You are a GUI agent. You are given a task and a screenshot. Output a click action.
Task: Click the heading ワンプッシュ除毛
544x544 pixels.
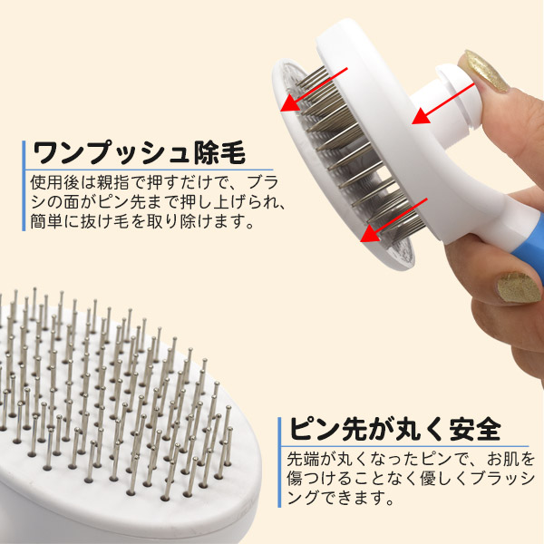tap(139, 153)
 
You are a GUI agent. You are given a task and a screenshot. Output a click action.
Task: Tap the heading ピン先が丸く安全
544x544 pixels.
tap(395, 429)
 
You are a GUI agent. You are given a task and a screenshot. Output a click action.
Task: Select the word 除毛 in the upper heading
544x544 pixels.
tap(219, 153)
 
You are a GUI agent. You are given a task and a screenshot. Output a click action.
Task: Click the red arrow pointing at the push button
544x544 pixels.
tap(443, 103)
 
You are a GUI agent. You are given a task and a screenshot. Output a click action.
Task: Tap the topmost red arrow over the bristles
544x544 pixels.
tap(314, 90)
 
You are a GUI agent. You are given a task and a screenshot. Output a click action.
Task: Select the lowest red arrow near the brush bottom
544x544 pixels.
tap(393, 220)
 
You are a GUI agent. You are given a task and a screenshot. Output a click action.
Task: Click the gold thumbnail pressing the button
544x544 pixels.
tap(487, 71)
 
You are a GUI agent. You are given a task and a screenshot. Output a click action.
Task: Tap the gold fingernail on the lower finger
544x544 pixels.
tap(519, 287)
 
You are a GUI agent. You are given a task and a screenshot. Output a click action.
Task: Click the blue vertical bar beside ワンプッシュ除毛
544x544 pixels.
tap(24, 186)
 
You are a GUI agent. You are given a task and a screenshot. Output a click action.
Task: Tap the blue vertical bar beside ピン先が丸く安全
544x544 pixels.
tap(279, 462)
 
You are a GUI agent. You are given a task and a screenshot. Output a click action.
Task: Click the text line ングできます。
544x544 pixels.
tap(341, 498)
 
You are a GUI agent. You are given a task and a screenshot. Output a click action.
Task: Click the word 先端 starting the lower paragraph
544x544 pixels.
tap(303, 459)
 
